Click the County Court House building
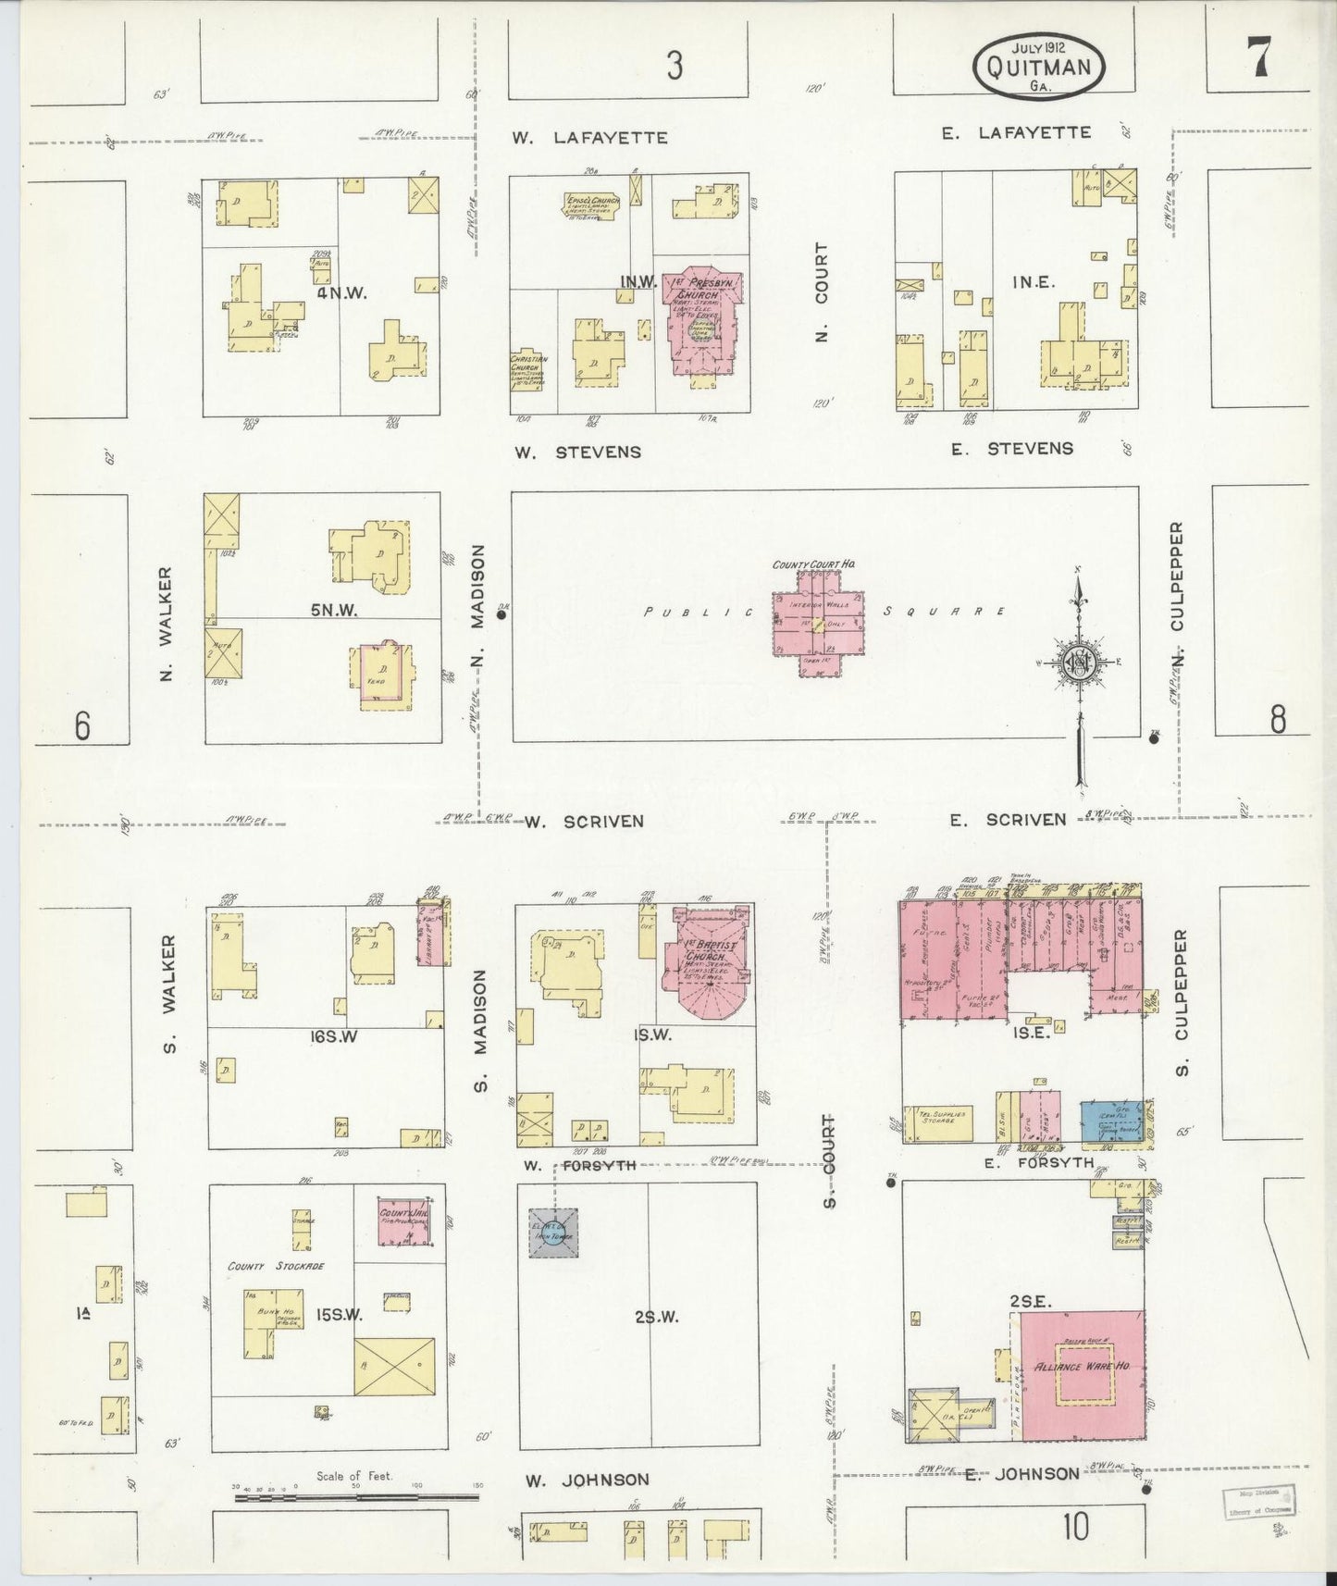pos(819,623)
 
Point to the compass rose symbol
pos(1077,662)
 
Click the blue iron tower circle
pos(553,1232)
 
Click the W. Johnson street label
pos(587,1480)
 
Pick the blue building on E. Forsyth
pos(1110,1121)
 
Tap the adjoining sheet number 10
pos(1074,1528)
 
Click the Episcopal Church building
pos(591,204)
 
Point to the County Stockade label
pos(275,1265)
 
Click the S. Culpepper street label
pos(1181,1002)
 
